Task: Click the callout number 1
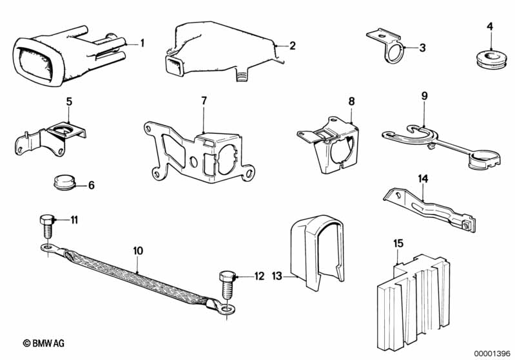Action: pos(142,43)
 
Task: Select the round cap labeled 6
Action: pos(64,182)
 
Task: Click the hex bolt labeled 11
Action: pos(48,227)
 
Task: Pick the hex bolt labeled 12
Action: pos(228,285)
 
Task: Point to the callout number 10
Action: pos(139,251)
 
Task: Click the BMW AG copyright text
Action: pos(44,344)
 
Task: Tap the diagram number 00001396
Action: pos(492,354)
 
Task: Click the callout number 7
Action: pos(204,100)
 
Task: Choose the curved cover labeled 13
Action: pos(317,252)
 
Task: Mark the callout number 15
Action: pos(398,244)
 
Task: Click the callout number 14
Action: pos(423,179)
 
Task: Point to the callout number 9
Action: pos(425,96)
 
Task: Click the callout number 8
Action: pos(352,101)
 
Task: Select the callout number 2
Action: pos(293,46)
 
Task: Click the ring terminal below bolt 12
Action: pos(228,309)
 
